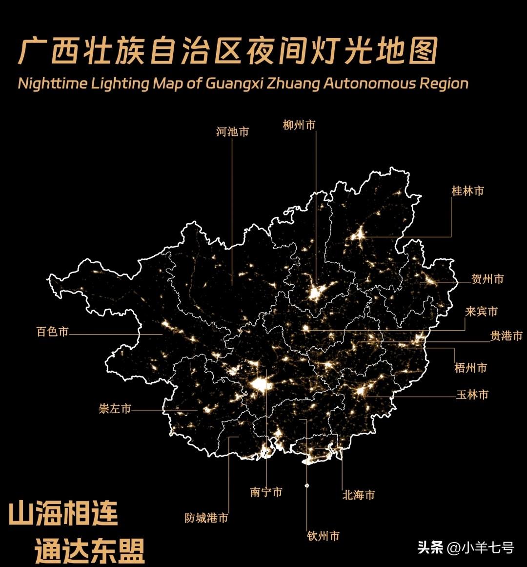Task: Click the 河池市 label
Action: click(x=232, y=131)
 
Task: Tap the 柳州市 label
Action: click(x=299, y=125)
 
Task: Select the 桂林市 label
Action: click(x=467, y=191)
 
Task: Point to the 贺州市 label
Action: click(x=487, y=279)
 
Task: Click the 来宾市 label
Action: click(x=481, y=312)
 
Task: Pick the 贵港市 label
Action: click(x=506, y=336)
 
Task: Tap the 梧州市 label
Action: click(x=470, y=368)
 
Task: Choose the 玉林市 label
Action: click(x=472, y=395)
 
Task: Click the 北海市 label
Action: click(x=359, y=495)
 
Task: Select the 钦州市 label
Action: click(x=323, y=536)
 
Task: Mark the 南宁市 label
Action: click(x=266, y=492)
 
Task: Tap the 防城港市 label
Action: click(x=206, y=518)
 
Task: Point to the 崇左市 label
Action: click(x=115, y=409)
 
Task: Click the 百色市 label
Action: click(x=52, y=332)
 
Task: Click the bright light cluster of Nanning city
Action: click(x=261, y=385)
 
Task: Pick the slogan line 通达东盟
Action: click(x=90, y=551)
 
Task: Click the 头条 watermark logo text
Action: click(x=430, y=547)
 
